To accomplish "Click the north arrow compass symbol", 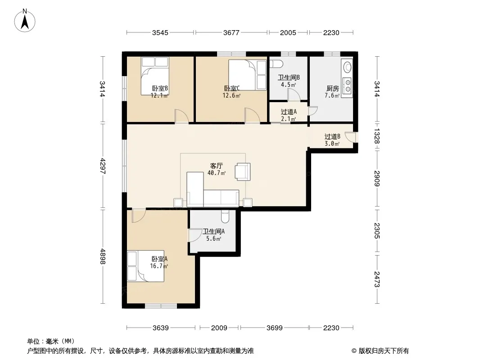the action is [25, 20].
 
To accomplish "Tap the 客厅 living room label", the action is [216, 166].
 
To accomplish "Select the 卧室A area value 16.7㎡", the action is [159, 266].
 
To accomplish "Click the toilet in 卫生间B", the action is [276, 64].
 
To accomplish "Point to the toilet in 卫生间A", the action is [225, 216].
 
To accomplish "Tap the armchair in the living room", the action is [242, 171].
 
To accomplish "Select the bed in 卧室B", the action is [155, 76].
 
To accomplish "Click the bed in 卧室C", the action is [248, 75].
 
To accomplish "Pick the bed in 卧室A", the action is [146, 266].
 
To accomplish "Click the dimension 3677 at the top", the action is [231, 32].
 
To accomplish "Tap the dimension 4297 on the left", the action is [103, 166].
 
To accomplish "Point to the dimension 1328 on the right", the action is [377, 136].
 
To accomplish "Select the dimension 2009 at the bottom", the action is [219, 328].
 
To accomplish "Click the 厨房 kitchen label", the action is [332, 88].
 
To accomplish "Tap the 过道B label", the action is [332, 136].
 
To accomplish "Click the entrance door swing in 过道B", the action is [350, 137].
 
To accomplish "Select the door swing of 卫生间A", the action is [195, 235].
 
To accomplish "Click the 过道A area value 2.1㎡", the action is [289, 119].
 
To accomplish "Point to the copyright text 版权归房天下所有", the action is [384, 351].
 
